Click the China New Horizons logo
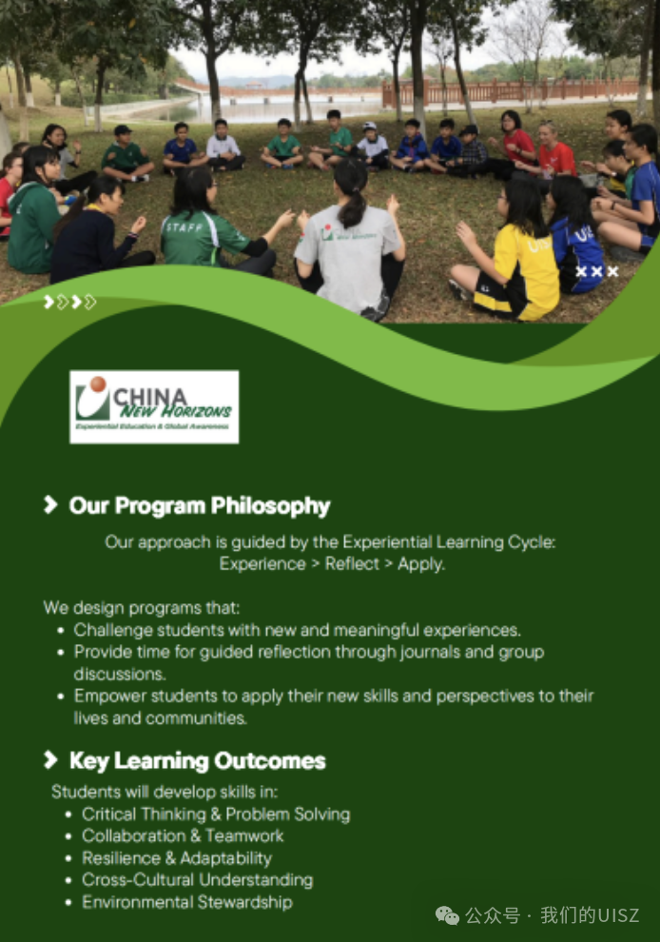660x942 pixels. click(x=154, y=406)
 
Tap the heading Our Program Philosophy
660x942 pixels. click(x=200, y=506)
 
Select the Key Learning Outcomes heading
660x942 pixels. click(x=198, y=760)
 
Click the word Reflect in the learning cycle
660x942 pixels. click(x=352, y=563)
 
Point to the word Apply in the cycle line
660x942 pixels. click(x=421, y=564)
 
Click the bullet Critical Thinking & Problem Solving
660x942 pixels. click(x=216, y=814)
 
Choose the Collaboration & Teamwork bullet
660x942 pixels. click(x=183, y=835)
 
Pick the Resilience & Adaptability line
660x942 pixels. click(x=177, y=858)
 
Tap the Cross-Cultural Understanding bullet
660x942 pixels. click(x=198, y=879)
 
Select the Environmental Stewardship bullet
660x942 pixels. click(x=187, y=902)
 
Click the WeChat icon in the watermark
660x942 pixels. click(x=447, y=915)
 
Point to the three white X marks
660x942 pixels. click(x=597, y=271)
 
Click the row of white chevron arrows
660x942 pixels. click(x=69, y=302)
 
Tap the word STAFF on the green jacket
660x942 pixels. click(x=184, y=227)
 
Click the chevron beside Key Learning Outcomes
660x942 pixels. click(x=50, y=760)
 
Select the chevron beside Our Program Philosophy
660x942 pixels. click(x=50, y=504)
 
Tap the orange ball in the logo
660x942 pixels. click(x=98, y=383)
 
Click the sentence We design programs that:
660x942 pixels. click(x=141, y=607)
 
